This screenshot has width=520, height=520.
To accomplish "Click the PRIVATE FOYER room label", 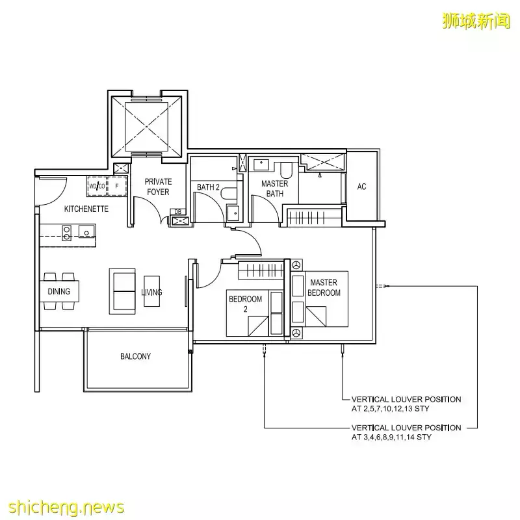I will click(x=158, y=187).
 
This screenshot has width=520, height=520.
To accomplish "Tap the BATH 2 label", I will click(x=208, y=188).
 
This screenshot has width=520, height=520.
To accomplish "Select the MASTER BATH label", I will click(x=274, y=188).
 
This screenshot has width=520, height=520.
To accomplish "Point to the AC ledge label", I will click(x=361, y=187).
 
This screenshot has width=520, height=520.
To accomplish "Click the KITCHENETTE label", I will click(x=86, y=209).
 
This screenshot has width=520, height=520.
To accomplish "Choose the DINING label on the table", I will click(x=59, y=291).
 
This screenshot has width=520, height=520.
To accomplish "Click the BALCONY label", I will click(x=135, y=356).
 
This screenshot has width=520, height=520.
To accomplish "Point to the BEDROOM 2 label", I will click(x=245, y=304).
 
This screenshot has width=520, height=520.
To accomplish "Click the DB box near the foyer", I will click(x=177, y=212).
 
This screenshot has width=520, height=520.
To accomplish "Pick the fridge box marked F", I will click(x=117, y=187).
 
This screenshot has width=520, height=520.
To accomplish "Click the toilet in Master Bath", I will click(x=285, y=170).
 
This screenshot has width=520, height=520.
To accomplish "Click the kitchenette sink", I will click(x=85, y=231).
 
